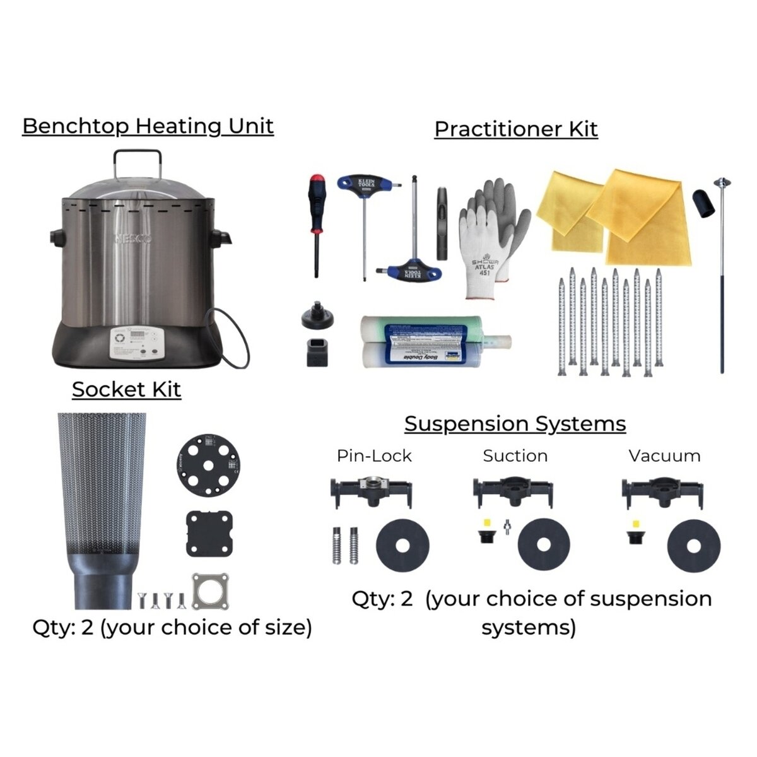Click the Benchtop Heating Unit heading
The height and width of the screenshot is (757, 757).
coord(148,126)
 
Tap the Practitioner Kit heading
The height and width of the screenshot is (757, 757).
coord(515,129)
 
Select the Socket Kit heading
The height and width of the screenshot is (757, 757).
coord(126,389)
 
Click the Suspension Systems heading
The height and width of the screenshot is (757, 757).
coord(515,423)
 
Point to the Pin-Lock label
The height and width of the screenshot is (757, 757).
coord(373,455)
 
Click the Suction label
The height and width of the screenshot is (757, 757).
coord(515,455)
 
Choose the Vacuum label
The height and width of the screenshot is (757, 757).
coord(664,455)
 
